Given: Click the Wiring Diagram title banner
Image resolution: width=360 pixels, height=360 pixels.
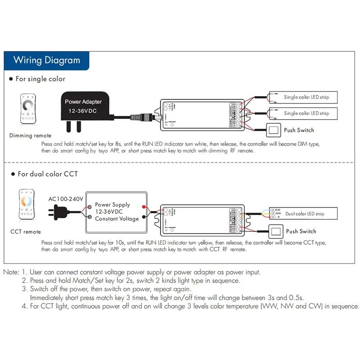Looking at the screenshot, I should pos(46,60).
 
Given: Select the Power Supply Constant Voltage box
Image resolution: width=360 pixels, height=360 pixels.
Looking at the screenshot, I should pos(117,211).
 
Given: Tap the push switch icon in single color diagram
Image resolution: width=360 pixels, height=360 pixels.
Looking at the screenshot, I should pos(274,130).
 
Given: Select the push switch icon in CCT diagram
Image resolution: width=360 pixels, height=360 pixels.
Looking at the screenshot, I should pos(275,231).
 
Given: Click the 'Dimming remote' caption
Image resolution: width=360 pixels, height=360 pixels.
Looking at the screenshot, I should pos(30,135).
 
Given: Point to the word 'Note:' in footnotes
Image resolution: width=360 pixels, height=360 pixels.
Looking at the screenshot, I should pos(11,272).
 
